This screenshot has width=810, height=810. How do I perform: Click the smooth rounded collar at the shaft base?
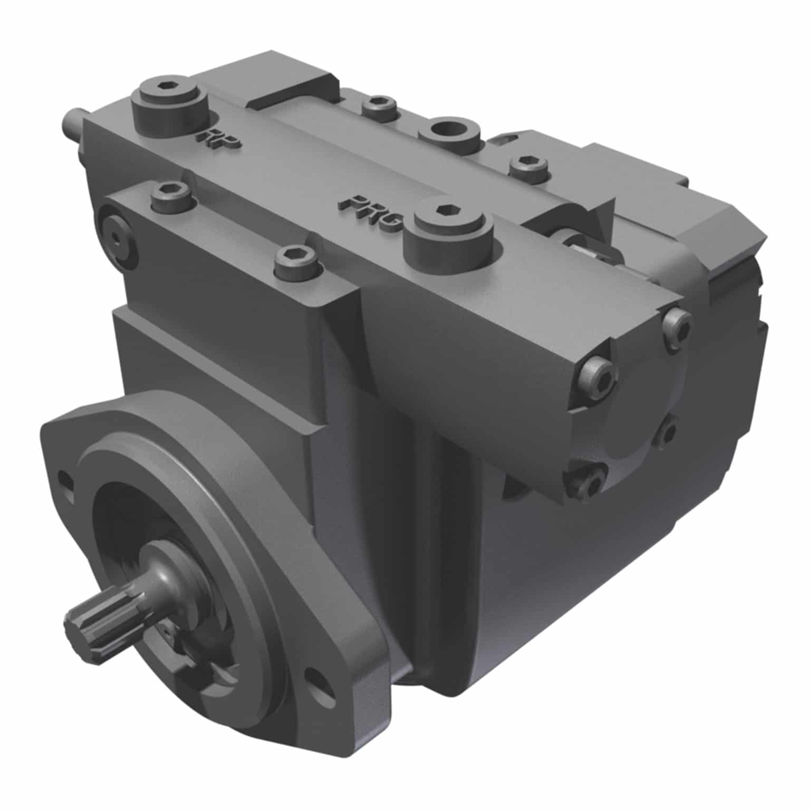(x=174, y=570)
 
